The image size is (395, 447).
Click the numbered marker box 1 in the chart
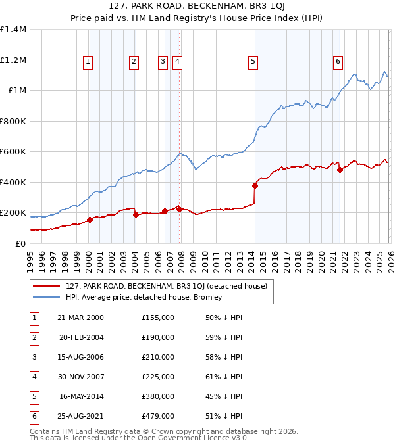click(x=88, y=62)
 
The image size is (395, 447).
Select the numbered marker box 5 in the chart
click(x=253, y=62)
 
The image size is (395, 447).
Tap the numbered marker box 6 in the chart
click(x=338, y=62)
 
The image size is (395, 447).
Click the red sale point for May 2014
click(x=255, y=185)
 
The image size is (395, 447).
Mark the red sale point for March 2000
click(x=90, y=220)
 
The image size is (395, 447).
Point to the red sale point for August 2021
click(x=340, y=170)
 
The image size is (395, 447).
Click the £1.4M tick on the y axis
click(x=13, y=30)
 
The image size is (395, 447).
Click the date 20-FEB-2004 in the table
click(x=81, y=337)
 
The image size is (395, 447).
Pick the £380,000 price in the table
click(x=158, y=396)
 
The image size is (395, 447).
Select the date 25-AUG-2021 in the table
click(x=81, y=416)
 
